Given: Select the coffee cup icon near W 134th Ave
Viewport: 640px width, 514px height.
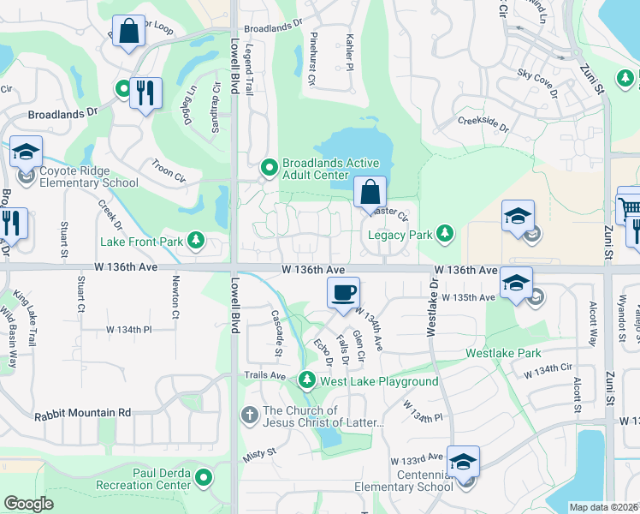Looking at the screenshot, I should point(343,294).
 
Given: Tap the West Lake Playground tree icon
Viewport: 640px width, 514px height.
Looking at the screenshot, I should point(306,380).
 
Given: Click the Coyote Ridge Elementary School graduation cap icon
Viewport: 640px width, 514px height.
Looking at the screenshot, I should point(27,152).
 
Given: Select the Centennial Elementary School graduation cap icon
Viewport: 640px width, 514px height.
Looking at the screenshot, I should point(462,463).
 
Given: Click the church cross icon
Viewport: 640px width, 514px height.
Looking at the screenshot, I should point(249,416).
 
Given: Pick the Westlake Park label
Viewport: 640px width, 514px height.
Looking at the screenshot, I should point(503,353).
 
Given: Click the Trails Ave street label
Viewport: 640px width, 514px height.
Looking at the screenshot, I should point(264,375).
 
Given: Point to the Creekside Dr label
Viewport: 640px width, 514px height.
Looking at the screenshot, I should point(483,124).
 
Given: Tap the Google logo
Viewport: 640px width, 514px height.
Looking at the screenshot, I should point(29,504).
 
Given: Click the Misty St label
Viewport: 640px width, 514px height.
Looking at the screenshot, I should point(260,451).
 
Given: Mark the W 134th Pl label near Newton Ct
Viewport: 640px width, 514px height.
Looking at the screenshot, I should point(128,329).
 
